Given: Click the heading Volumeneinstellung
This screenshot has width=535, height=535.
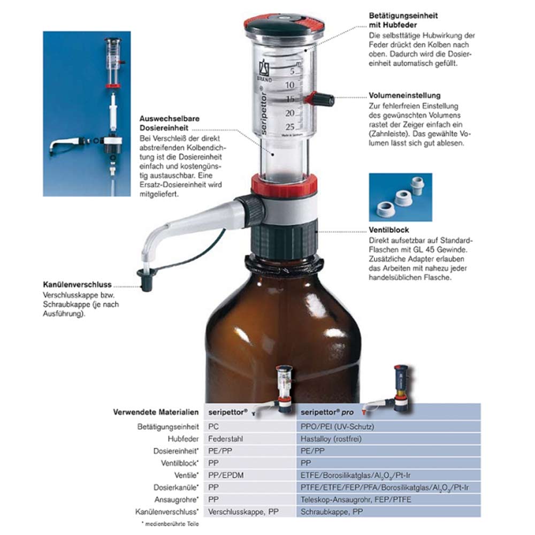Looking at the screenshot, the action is (x=404, y=96).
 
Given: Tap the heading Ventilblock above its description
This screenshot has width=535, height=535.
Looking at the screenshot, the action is (x=388, y=230).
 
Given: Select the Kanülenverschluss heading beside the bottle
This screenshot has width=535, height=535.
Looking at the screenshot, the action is (x=78, y=285).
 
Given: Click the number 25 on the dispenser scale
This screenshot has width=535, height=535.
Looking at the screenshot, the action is (x=289, y=127).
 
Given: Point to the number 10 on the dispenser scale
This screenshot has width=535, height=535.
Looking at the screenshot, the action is (x=289, y=85).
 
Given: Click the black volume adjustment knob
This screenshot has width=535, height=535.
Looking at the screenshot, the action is (x=323, y=100).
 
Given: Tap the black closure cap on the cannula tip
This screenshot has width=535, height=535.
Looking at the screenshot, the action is (x=147, y=279).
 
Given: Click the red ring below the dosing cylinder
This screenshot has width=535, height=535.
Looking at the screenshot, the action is (x=284, y=186).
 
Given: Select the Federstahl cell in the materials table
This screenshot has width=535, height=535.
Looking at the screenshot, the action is (x=226, y=439).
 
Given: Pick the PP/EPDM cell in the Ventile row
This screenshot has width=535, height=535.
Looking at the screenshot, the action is (x=226, y=475).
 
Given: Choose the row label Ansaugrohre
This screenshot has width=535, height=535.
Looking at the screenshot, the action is (x=177, y=500).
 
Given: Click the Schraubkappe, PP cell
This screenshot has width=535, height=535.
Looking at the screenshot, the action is (x=332, y=512).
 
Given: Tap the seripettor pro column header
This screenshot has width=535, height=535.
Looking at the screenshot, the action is (x=327, y=412).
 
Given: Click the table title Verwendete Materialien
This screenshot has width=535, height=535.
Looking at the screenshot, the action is (x=156, y=412).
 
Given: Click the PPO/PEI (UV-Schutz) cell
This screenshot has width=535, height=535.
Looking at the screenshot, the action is (x=337, y=427).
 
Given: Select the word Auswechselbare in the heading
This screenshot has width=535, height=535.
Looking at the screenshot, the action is (x=170, y=119).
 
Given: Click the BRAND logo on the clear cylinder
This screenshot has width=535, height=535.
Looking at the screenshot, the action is (x=264, y=71).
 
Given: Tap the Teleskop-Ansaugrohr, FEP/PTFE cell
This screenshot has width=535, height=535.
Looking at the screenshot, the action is (x=356, y=500).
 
